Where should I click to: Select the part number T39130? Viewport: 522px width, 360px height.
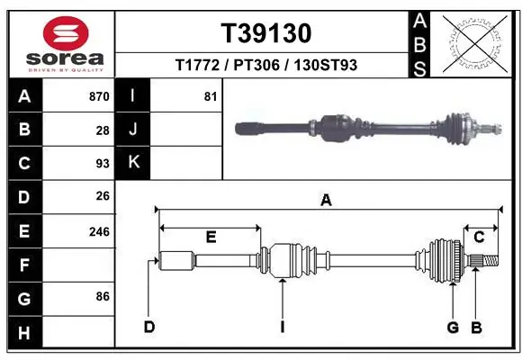(266, 33)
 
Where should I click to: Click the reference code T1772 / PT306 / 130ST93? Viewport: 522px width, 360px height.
(266, 66)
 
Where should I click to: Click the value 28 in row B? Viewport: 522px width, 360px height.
(103, 130)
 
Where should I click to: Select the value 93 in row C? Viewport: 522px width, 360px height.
(103, 163)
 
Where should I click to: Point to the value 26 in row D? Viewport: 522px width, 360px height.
(103, 195)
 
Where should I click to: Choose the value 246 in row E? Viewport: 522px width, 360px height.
(99, 231)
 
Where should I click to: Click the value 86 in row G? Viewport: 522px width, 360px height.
(103, 295)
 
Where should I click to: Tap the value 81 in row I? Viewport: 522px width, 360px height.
(211, 96)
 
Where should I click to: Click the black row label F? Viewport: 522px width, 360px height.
(24, 265)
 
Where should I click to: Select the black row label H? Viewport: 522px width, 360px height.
(24, 333)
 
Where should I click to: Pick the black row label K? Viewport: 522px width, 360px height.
(133, 163)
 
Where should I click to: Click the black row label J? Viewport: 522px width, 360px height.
(133, 130)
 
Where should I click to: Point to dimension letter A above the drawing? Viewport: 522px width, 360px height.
(326, 202)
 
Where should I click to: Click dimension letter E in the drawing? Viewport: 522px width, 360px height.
(211, 238)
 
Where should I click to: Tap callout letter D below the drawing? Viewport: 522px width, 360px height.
(149, 327)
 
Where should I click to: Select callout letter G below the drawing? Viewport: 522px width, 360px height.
(454, 327)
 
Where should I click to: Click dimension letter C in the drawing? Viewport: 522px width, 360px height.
(480, 238)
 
